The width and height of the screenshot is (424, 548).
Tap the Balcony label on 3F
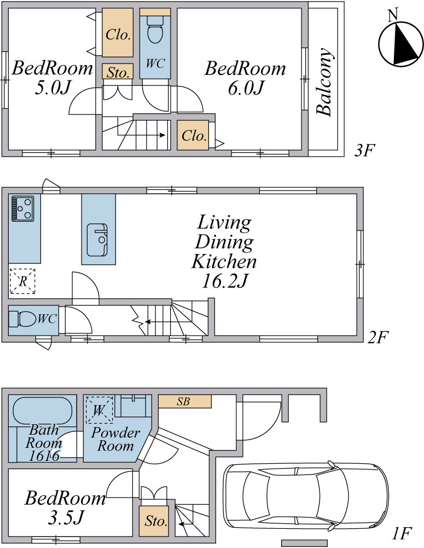(x=324, y=82)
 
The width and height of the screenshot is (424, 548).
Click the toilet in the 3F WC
(x=155, y=30)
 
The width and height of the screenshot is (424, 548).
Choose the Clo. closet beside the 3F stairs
(x=193, y=135)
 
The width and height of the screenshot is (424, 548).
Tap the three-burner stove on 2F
(x=22, y=209)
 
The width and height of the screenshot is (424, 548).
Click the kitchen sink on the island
(x=97, y=240)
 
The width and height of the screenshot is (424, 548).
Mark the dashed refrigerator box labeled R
(x=22, y=281)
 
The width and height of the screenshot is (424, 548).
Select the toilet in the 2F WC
(x=22, y=319)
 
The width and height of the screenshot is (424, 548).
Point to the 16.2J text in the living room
(x=225, y=280)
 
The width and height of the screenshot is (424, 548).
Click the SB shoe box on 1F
(x=185, y=401)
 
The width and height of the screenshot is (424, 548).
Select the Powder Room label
(x=115, y=439)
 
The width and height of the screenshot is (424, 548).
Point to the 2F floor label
(x=378, y=337)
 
